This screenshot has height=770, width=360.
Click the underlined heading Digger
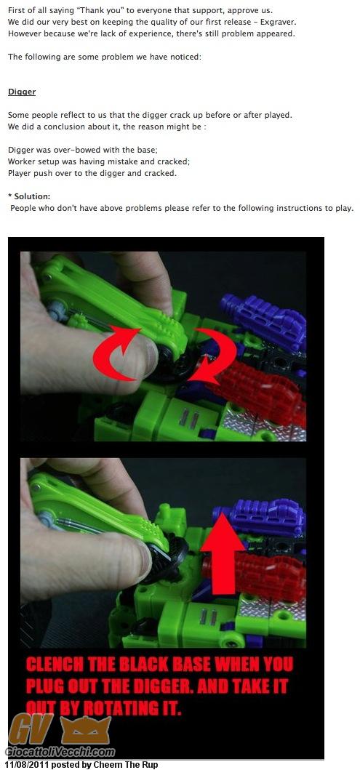pos(22,92)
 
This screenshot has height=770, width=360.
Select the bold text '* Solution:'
pos(29,196)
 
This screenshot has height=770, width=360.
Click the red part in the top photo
pos(260,390)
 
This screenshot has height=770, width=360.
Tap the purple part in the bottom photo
pos(260,518)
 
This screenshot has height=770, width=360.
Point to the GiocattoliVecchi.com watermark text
pos(60,752)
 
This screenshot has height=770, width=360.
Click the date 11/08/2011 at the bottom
pos(27,765)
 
